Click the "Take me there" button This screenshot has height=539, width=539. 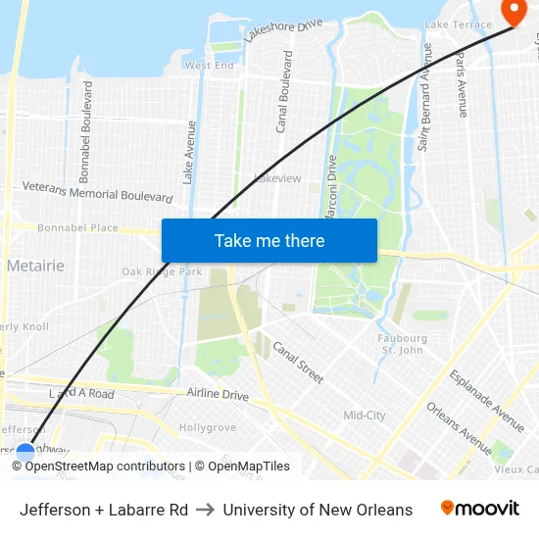pyautogui.click(x=269, y=240)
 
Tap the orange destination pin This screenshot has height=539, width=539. pyautogui.click(x=513, y=11)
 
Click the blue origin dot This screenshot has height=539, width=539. pyautogui.click(x=25, y=452)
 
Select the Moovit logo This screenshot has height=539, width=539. pyautogui.click(x=480, y=509)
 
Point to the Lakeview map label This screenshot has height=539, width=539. pyautogui.click(x=277, y=178)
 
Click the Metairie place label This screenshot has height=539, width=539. pyautogui.click(x=35, y=266)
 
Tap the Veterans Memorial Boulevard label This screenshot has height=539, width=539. pyautogui.click(x=97, y=190)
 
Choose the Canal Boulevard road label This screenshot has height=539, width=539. pyautogui.click(x=285, y=92)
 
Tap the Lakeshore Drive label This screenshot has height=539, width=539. pyautogui.click(x=284, y=30)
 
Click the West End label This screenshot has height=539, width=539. pyautogui.click(x=210, y=66)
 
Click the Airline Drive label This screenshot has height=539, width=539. pyautogui.click(x=218, y=394)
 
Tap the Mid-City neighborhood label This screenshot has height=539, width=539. pyautogui.click(x=365, y=416)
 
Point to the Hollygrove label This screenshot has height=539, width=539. pyautogui.click(x=208, y=427)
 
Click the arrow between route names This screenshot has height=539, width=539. pyautogui.click(x=206, y=510)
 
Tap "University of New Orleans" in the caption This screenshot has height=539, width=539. pyautogui.click(x=318, y=510)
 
